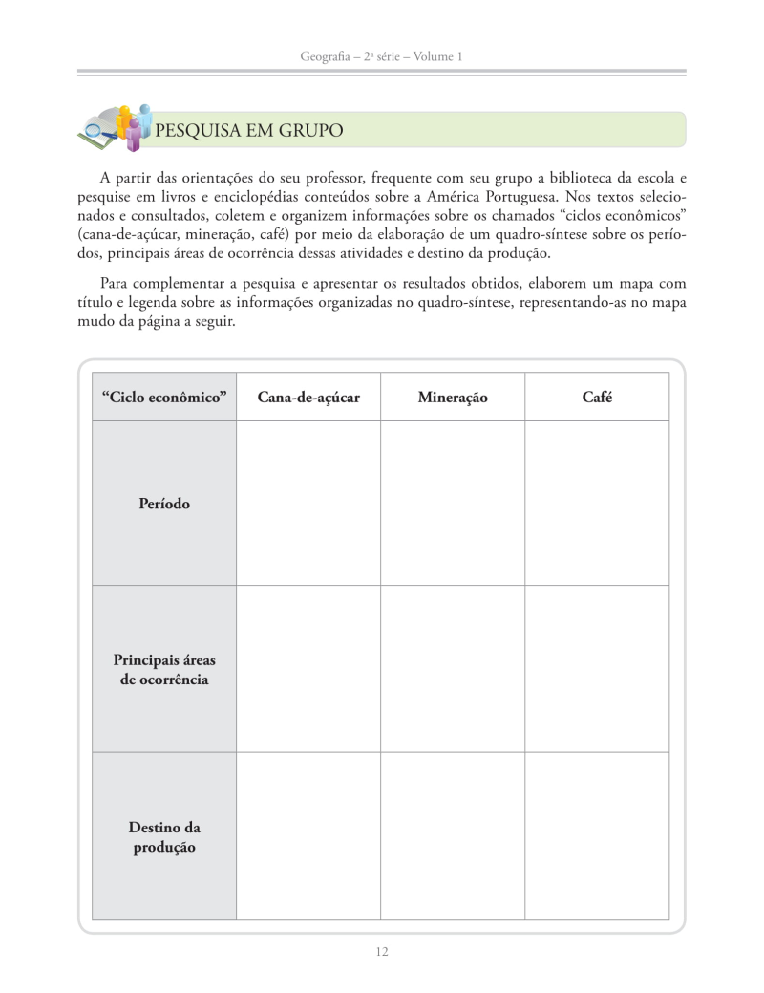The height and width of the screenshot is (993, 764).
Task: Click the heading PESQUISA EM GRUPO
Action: [x=248, y=130]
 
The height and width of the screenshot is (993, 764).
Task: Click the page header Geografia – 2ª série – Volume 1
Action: [x=381, y=57]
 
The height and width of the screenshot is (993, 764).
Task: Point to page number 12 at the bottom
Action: [x=382, y=951]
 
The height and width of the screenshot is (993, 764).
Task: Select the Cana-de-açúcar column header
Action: [x=308, y=397]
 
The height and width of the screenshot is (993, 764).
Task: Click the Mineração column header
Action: [x=452, y=397]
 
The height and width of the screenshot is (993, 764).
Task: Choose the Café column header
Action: [x=597, y=397]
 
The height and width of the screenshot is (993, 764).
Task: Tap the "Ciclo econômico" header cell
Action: [x=164, y=397]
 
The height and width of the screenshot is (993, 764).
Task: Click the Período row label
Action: [x=164, y=503]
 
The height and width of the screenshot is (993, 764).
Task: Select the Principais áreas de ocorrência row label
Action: [x=164, y=670]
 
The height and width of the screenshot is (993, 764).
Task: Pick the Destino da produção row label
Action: [x=164, y=837]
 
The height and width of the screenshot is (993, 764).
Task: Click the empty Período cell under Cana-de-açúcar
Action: [x=308, y=503]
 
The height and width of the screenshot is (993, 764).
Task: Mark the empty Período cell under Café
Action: [x=597, y=503]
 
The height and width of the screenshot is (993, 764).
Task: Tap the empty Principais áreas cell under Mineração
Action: [x=452, y=670]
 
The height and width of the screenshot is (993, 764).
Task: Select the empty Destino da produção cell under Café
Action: [x=597, y=837]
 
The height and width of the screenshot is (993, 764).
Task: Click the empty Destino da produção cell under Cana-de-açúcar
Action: [x=308, y=837]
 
